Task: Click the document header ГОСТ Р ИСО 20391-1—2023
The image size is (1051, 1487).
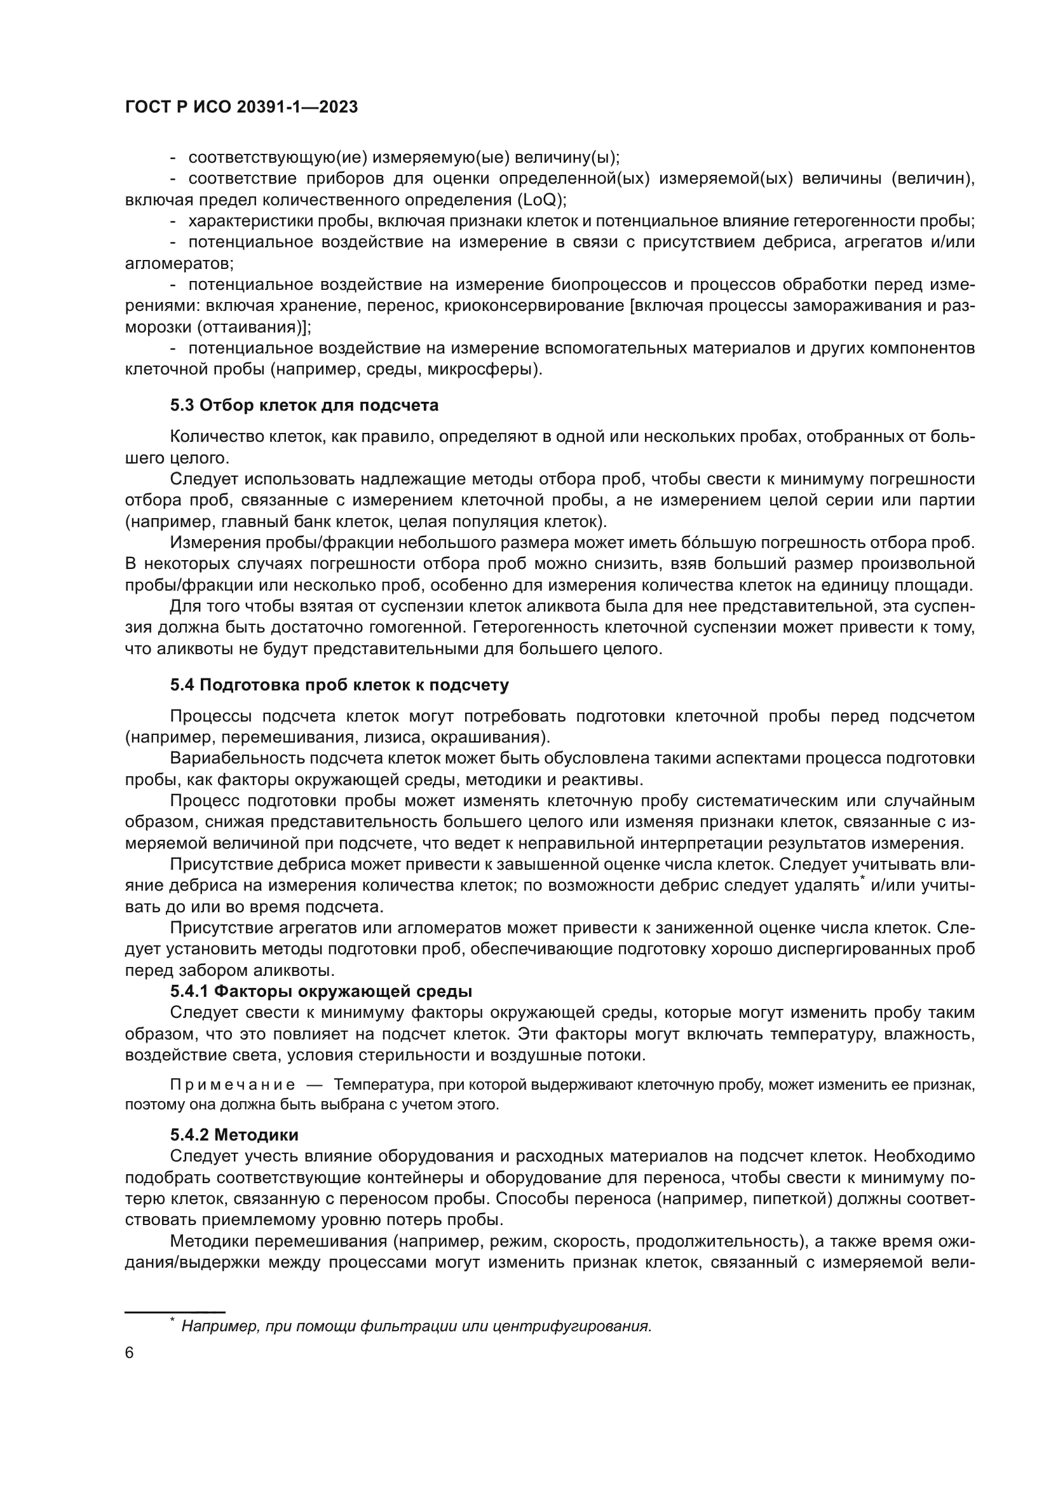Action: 241,107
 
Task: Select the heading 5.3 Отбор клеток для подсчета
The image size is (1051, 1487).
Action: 304,406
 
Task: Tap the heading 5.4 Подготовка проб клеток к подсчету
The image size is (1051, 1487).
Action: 339,685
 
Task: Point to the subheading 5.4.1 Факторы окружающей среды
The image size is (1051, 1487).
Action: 321,992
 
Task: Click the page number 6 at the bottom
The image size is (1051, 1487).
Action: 130,1353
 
